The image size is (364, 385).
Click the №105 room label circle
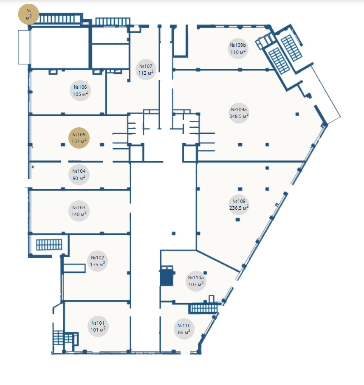(x=79, y=138)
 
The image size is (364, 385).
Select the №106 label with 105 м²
(x=80, y=90)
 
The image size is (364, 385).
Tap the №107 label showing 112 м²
(x=146, y=70)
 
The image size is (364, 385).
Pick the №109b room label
(x=238, y=49)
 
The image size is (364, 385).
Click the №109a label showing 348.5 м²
(x=239, y=113)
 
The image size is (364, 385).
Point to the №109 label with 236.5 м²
(x=239, y=205)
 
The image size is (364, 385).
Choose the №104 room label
(x=79, y=174)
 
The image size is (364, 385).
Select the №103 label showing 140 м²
(x=79, y=211)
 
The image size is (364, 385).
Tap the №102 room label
(x=98, y=261)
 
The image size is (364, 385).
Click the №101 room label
(x=98, y=326)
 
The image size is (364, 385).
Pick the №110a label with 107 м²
(x=196, y=281)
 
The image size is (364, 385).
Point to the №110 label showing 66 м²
(x=184, y=329)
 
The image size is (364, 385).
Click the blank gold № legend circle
(x=29, y=14)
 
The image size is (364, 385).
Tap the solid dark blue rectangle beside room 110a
(x=167, y=276)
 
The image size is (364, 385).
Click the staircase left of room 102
(x=49, y=244)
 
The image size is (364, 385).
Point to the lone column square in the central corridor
(x=174, y=233)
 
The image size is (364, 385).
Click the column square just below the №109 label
(x=237, y=219)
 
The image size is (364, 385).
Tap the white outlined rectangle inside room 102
(x=74, y=268)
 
